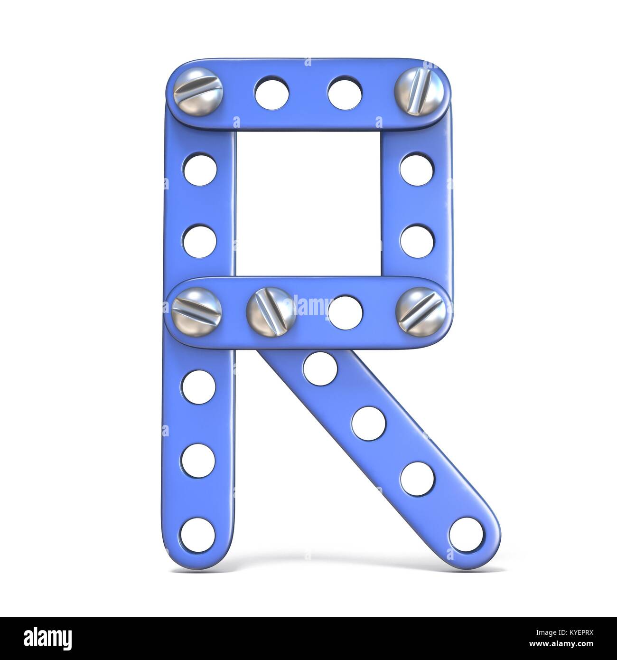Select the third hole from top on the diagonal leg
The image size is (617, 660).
(x=417, y=475)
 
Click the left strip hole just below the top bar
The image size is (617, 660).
(x=199, y=167)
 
